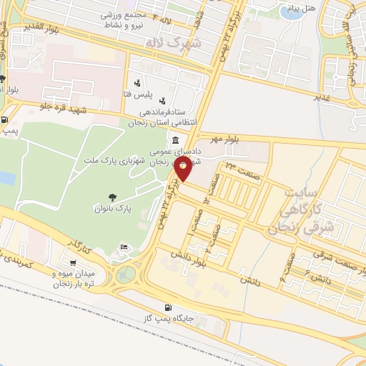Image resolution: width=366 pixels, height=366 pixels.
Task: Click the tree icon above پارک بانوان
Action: click(x=112, y=197)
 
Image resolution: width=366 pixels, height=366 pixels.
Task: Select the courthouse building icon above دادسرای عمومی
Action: click(x=175, y=138)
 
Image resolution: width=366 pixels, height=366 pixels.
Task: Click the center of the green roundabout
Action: click(x=127, y=274)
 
